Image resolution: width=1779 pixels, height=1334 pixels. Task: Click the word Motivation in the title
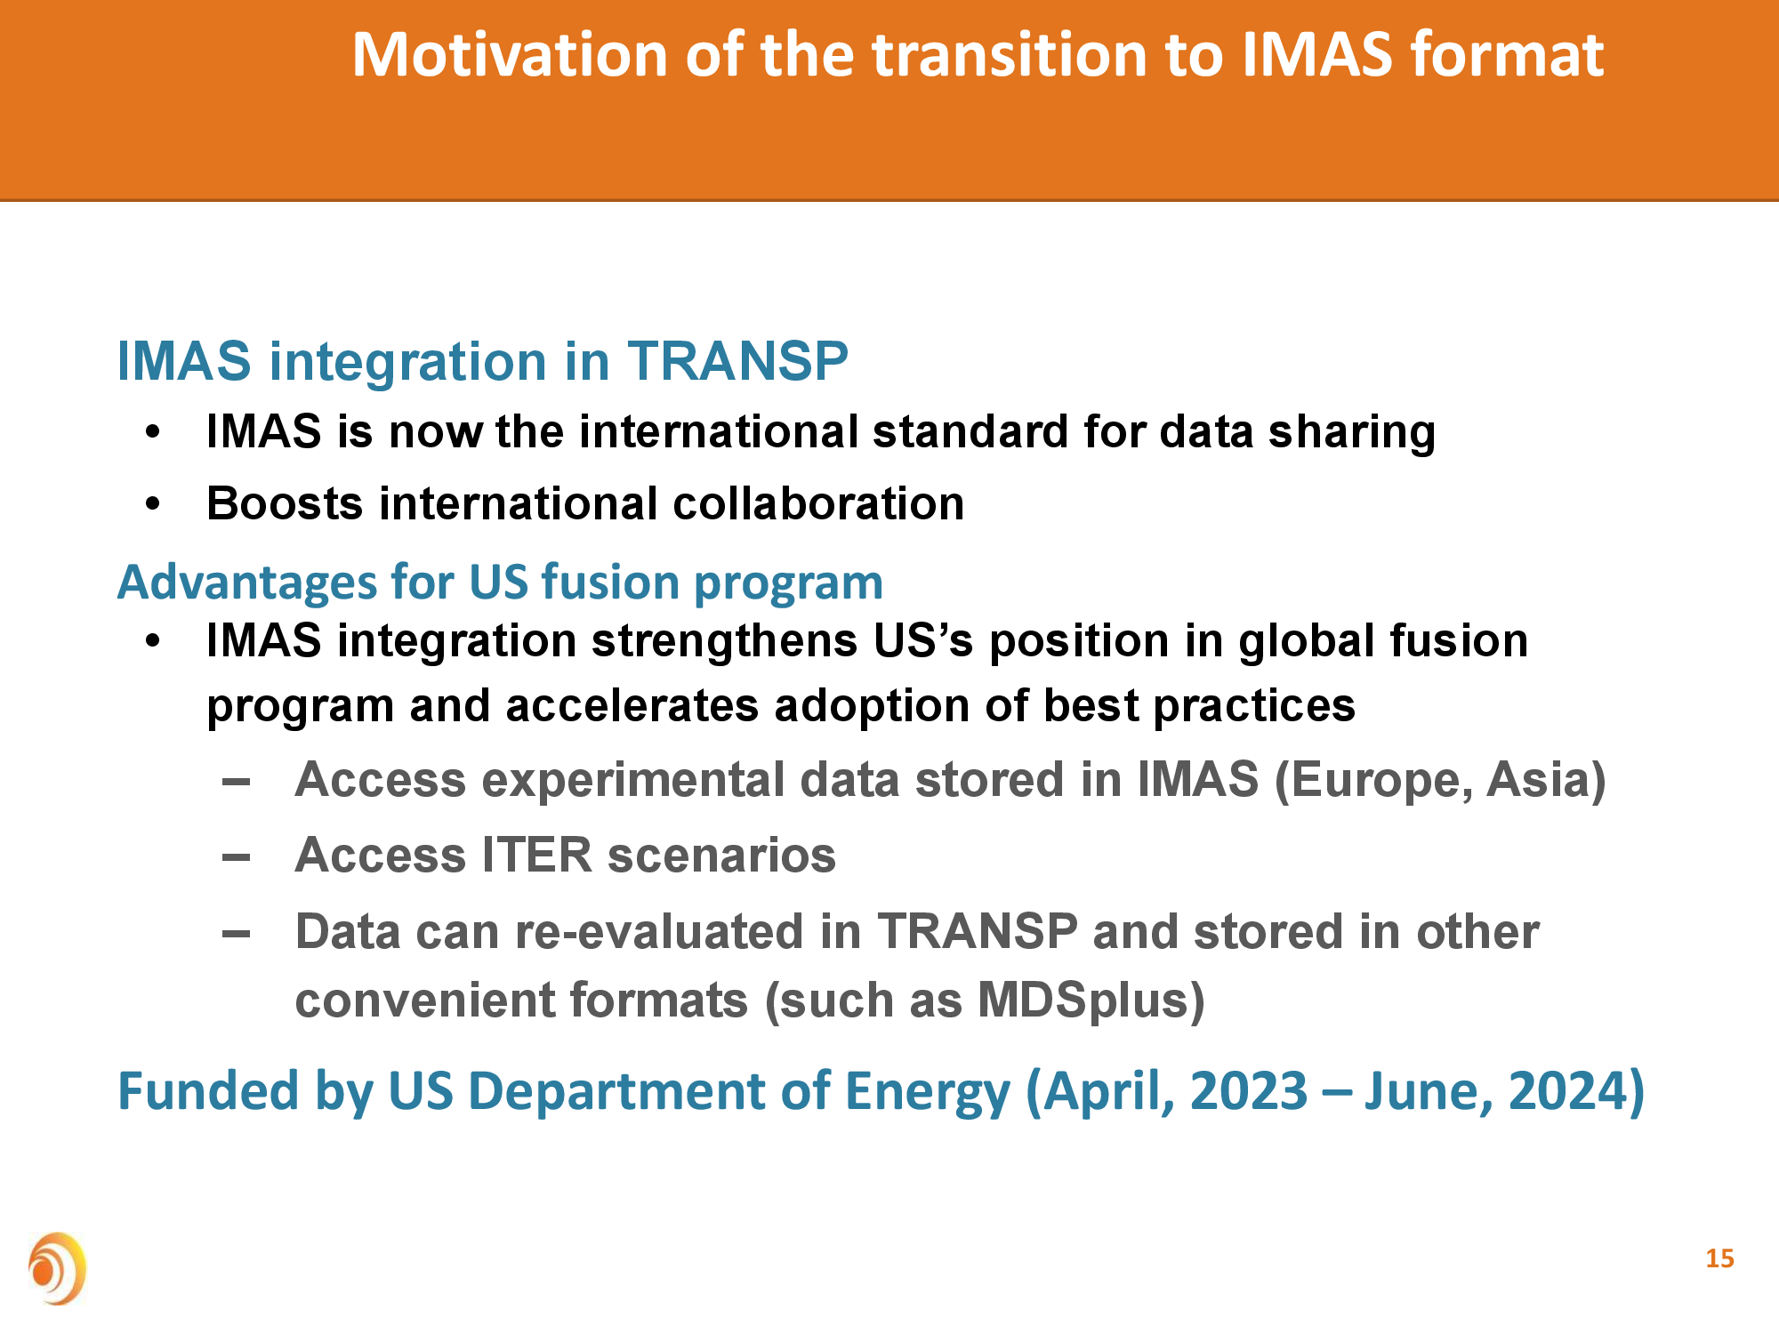[x=511, y=55]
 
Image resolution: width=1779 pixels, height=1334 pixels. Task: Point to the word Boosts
[x=285, y=503]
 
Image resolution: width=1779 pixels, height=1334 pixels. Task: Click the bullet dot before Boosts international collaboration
[x=153, y=503]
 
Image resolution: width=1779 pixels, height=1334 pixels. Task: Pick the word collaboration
[x=818, y=503]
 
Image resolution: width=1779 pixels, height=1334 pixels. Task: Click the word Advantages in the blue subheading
[x=247, y=583]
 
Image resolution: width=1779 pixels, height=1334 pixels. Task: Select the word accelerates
[x=632, y=706]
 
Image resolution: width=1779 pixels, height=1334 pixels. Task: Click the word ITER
[x=536, y=856]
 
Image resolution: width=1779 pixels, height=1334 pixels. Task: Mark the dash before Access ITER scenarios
[x=236, y=857]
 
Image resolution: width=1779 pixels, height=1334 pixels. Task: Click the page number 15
[x=1719, y=1258]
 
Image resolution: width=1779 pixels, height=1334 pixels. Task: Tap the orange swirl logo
[x=57, y=1268]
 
